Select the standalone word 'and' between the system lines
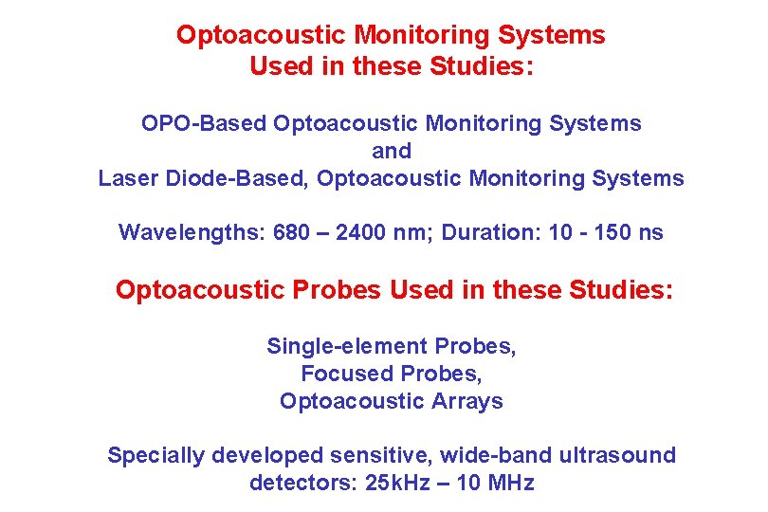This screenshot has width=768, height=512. (392, 152)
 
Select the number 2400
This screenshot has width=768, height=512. (353, 233)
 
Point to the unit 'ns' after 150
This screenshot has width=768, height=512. (652, 233)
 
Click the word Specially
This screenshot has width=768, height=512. (155, 456)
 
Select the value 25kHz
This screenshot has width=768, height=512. (390, 484)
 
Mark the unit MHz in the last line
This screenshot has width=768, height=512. (511, 484)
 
